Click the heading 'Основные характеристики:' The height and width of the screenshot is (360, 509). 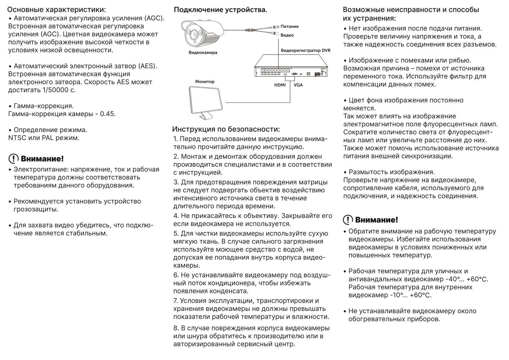57,10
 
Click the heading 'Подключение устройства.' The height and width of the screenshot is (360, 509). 220,10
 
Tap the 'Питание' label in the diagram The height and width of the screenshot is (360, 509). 289,26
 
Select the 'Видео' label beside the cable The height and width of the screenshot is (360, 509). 287,35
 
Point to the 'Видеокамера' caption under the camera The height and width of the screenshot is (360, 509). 203,53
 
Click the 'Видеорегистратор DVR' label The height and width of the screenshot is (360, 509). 305,51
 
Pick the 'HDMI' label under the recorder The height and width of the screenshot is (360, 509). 280,85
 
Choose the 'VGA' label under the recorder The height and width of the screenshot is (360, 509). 298,85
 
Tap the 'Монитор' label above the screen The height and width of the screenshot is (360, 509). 205,82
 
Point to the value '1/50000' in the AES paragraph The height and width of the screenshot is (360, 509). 55,90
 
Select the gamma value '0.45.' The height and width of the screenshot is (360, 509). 108,114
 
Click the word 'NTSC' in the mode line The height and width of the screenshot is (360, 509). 17,138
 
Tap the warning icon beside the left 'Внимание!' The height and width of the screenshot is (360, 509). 13,159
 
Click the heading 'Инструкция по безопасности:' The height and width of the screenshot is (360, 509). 226,129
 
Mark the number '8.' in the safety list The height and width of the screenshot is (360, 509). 176,328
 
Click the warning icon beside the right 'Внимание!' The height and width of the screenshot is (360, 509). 348,220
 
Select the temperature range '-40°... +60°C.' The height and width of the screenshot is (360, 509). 467,279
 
